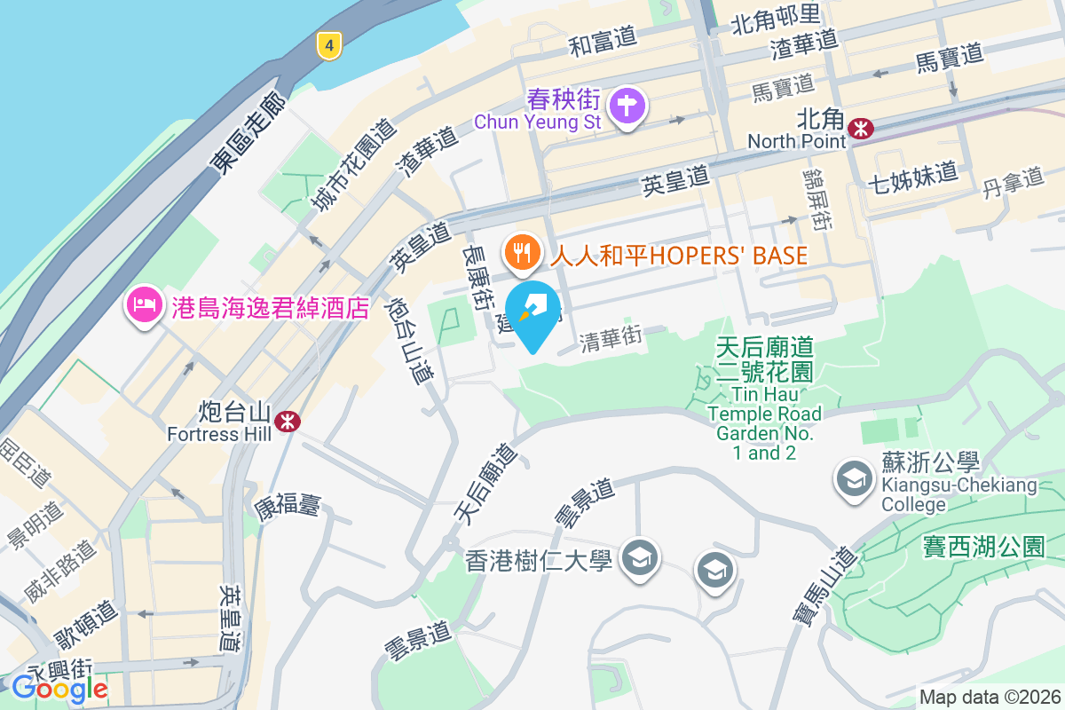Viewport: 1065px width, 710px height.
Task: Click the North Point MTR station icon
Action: pyautogui.click(x=860, y=129)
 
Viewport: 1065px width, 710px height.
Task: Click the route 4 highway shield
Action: pyautogui.click(x=329, y=44)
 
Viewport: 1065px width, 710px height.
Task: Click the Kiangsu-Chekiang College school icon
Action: pyautogui.click(x=854, y=479)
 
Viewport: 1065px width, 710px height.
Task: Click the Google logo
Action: pyautogui.click(x=59, y=688)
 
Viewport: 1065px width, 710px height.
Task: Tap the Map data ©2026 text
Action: pyautogui.click(x=989, y=697)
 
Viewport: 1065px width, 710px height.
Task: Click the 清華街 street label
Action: pyautogui.click(x=611, y=339)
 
